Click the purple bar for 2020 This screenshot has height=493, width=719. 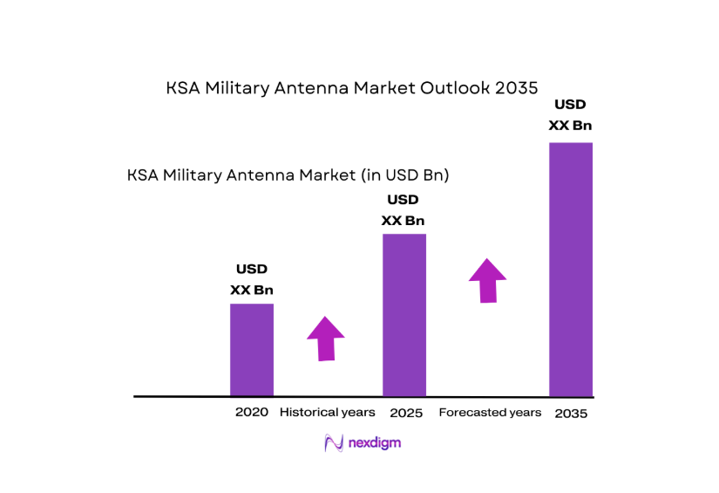251,349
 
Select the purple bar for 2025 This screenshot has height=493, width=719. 404,314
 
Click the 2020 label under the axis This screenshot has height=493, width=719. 251,412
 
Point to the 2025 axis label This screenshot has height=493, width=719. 405,413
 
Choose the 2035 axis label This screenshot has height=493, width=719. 571,414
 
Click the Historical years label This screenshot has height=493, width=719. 327,412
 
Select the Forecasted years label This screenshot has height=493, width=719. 490,412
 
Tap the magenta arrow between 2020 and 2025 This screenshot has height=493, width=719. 325,339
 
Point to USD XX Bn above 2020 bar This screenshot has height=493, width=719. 252,279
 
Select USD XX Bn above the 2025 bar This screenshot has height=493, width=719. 404,210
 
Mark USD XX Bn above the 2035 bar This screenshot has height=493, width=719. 571,115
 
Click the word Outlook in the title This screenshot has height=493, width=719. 457,88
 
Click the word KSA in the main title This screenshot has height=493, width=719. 183,88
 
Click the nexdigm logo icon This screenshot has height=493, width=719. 333,443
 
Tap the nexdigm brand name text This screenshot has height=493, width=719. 375,443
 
